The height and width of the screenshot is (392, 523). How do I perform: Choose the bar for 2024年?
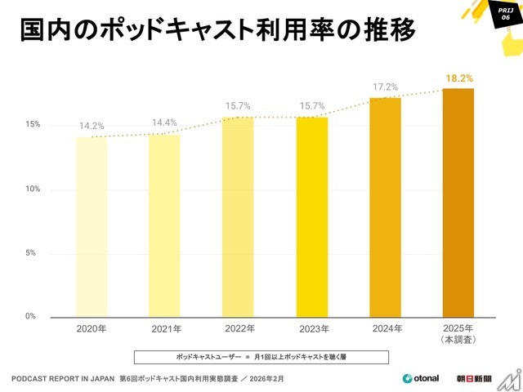[385, 207]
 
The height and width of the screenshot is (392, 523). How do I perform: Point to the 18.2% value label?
[459, 78]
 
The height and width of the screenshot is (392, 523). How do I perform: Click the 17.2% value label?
[386, 86]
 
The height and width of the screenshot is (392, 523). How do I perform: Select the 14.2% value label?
[92, 126]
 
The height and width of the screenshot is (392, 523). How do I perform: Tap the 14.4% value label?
[165, 123]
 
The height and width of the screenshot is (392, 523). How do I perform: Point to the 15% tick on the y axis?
[32, 125]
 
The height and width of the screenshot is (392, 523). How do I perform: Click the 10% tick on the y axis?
[32, 189]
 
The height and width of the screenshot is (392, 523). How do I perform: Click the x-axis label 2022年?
[238, 329]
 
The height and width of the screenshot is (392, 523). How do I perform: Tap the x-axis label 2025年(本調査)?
[458, 333]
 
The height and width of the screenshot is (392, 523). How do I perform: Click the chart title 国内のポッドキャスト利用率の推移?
[217, 30]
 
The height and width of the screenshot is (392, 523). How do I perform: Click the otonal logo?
[421, 378]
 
